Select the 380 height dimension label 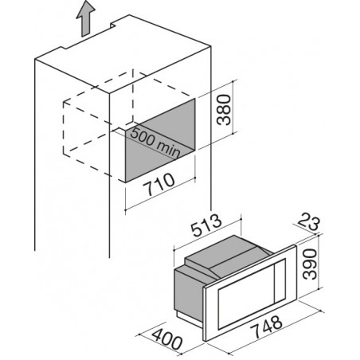tap(224, 110)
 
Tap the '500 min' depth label tap(155, 143)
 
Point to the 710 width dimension tap(158, 184)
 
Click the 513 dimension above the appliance tap(207, 225)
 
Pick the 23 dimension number tap(309, 223)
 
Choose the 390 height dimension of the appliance tap(310, 264)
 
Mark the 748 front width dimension tap(267, 327)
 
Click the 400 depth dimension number tap(167, 338)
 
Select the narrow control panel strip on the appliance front tap(280, 280)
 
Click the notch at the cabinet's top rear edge tap(114, 25)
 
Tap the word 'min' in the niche tap(168, 150)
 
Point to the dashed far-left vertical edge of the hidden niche tap(64, 127)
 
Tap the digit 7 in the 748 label tap(256, 332)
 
